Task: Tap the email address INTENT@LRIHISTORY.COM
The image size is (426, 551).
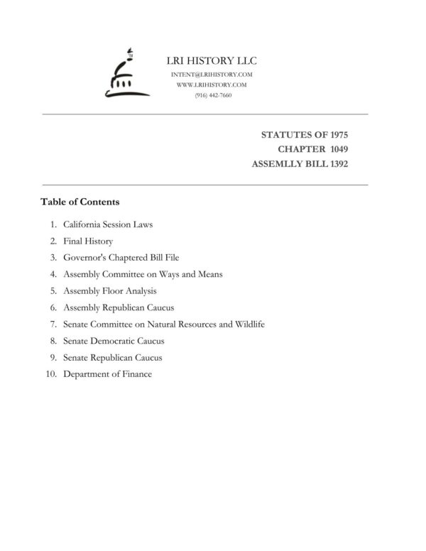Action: (x=212, y=75)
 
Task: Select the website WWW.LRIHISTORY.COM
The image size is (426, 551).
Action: (x=211, y=84)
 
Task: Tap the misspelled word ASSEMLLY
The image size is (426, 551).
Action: (x=277, y=164)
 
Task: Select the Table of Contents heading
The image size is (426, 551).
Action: (x=80, y=202)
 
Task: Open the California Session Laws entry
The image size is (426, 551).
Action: (x=108, y=224)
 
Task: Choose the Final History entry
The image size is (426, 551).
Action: (x=88, y=241)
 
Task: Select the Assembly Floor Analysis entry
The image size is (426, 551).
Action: (x=109, y=290)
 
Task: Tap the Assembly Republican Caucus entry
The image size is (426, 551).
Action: (x=118, y=307)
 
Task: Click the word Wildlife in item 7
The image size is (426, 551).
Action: (x=248, y=324)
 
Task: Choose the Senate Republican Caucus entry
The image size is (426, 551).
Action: (x=112, y=358)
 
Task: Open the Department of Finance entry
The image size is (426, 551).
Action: (x=107, y=374)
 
